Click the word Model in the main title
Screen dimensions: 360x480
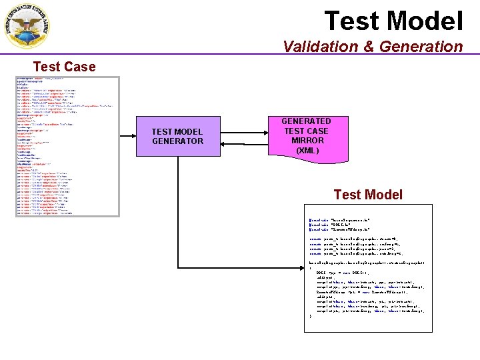(x=426, y=21)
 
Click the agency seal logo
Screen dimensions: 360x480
(x=27, y=26)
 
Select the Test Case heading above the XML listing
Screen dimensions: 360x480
(x=64, y=67)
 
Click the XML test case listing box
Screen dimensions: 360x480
(x=67, y=146)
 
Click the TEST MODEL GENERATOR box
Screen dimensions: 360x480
(x=177, y=137)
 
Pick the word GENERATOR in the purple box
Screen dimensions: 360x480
(x=177, y=141)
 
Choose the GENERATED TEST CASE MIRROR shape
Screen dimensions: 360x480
(x=306, y=136)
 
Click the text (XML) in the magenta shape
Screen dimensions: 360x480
(x=307, y=151)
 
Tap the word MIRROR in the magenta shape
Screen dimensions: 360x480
(x=307, y=141)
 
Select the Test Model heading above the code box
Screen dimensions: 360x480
(x=368, y=195)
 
